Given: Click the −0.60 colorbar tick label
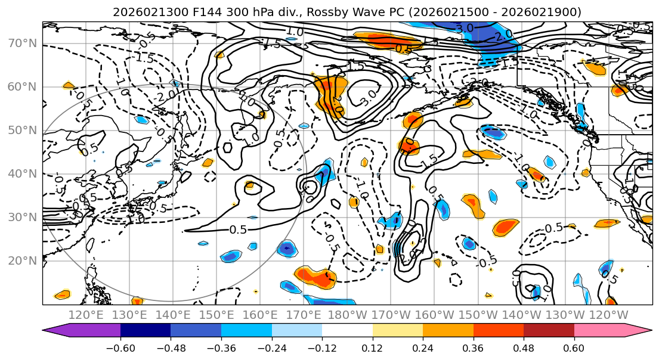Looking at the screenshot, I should (x=120, y=347).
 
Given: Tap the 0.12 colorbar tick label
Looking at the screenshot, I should (x=373, y=347).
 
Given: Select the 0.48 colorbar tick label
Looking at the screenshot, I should (x=524, y=347).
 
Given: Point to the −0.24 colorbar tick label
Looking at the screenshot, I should (x=272, y=347).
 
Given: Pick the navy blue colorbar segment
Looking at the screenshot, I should (x=146, y=331).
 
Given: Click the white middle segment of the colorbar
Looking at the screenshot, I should (x=347, y=331).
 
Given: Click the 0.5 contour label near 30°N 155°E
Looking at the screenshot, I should (x=239, y=229).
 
